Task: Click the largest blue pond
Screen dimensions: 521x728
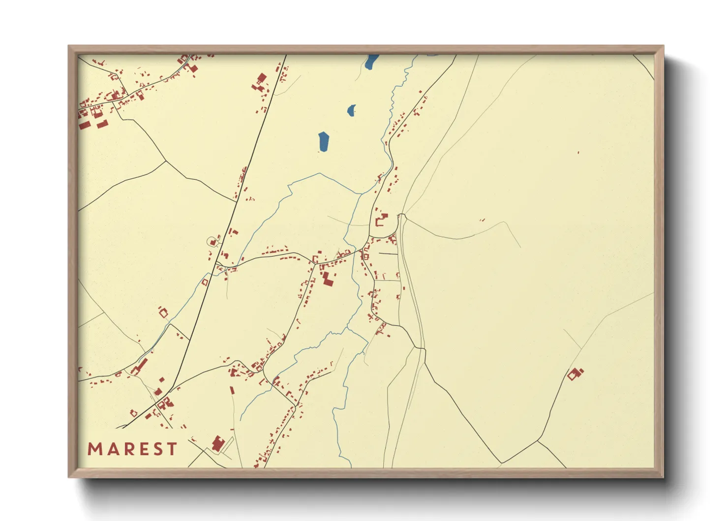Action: (324, 142)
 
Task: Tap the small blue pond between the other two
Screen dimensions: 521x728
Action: (351, 110)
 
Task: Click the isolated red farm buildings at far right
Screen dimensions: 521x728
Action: (574, 373)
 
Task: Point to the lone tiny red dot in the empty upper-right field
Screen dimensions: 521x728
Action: (578, 153)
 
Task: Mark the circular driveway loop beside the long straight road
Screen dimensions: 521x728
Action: (212, 242)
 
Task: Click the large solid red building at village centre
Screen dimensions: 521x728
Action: (327, 279)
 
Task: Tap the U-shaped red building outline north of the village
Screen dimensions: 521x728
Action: (381, 219)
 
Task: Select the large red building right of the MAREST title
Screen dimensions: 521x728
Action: (217, 443)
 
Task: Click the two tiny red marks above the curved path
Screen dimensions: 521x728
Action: (482, 220)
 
